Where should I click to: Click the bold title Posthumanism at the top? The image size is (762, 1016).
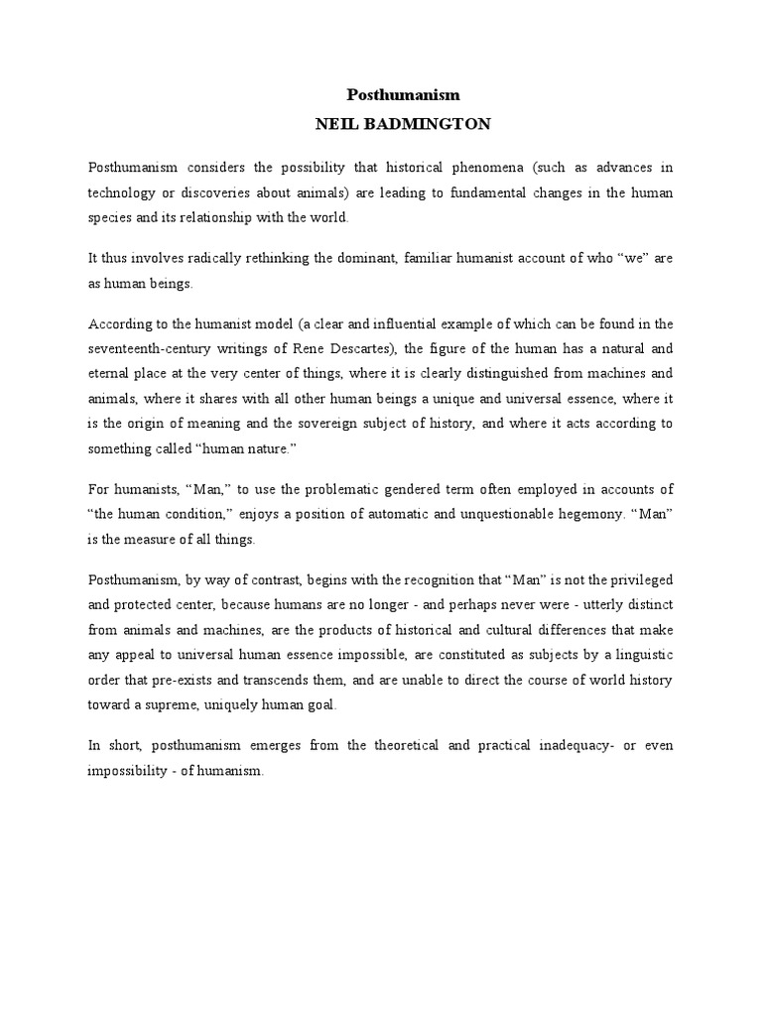[403, 95]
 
